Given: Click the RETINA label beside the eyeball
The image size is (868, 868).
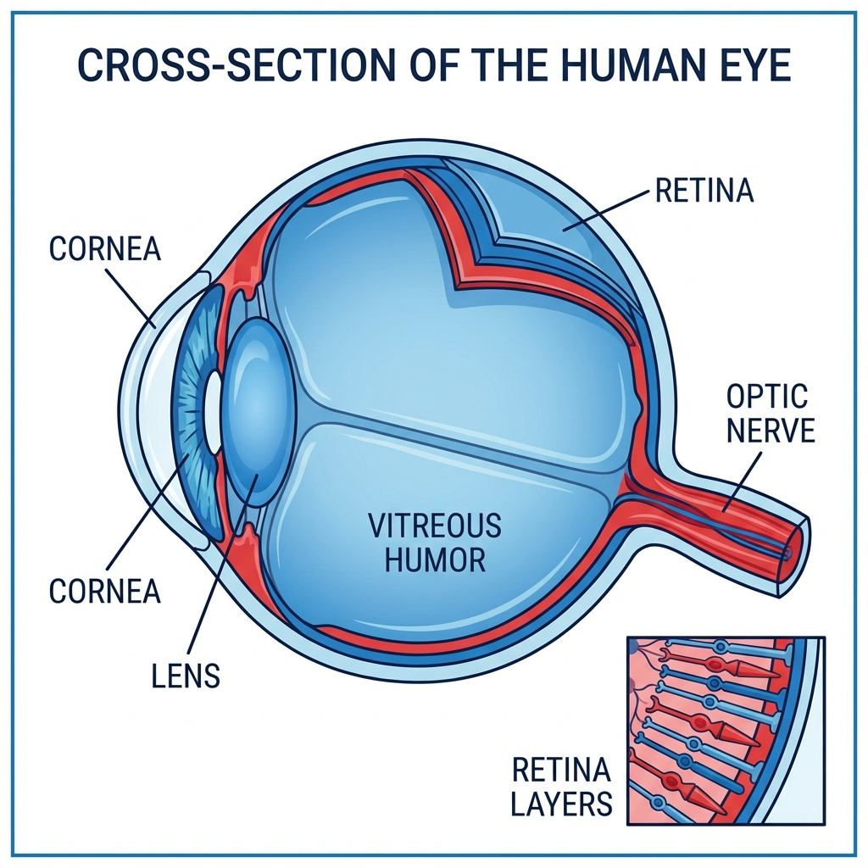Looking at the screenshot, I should point(704,191).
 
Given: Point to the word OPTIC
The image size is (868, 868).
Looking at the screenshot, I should point(767,397).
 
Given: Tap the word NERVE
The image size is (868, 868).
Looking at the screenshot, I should point(771,431).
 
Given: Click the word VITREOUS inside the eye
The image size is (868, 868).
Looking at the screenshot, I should point(435,526).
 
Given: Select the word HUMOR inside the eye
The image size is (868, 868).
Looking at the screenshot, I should point(435,559).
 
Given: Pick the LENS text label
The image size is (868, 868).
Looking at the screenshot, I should point(186,676).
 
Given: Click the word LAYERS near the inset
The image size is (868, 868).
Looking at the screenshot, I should point(561,803).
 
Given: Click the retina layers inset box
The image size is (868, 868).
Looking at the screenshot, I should point(725,729).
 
